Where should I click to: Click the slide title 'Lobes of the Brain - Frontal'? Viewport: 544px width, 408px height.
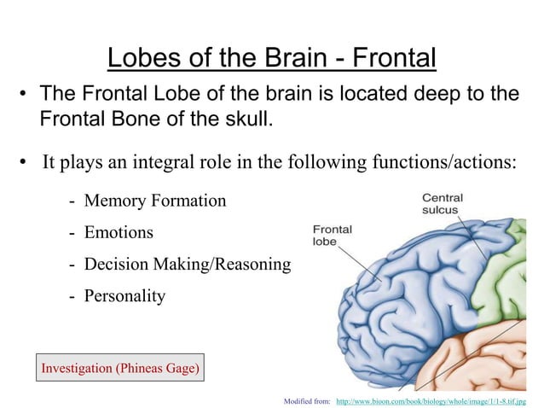coord(271,58)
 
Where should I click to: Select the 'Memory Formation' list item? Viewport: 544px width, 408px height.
coord(154,201)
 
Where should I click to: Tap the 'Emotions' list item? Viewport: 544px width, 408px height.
coord(119,232)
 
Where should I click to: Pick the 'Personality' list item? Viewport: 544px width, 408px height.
coord(124,296)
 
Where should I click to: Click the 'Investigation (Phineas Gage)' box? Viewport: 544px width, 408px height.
coord(119,369)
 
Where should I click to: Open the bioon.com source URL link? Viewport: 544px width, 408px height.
coord(431,399)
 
